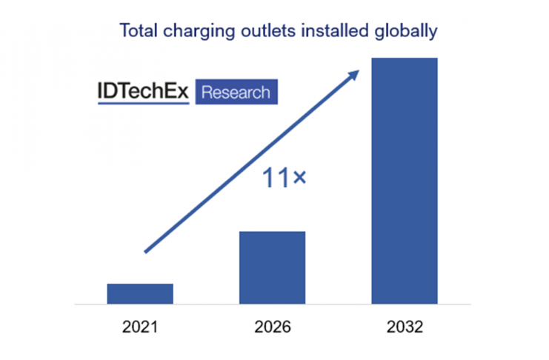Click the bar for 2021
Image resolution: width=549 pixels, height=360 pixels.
click(x=140, y=293)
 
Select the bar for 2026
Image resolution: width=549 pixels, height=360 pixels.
click(x=272, y=267)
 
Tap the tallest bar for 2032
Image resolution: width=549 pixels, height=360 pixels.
click(x=405, y=181)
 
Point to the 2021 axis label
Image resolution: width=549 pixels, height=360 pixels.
click(x=140, y=327)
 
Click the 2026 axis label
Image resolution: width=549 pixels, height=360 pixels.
click(x=272, y=327)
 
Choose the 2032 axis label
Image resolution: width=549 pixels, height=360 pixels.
click(x=405, y=327)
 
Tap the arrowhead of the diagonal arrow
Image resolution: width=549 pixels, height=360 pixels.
click(x=355, y=73)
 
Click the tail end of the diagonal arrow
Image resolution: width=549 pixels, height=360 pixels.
click(x=147, y=251)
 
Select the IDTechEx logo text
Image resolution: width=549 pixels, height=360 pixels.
click(x=143, y=93)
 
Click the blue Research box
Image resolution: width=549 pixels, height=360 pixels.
click(x=236, y=93)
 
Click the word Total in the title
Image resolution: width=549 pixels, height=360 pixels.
click(x=138, y=32)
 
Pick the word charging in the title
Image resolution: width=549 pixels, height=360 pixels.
click(x=196, y=33)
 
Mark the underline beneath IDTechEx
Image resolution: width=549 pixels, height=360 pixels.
click(x=143, y=104)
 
